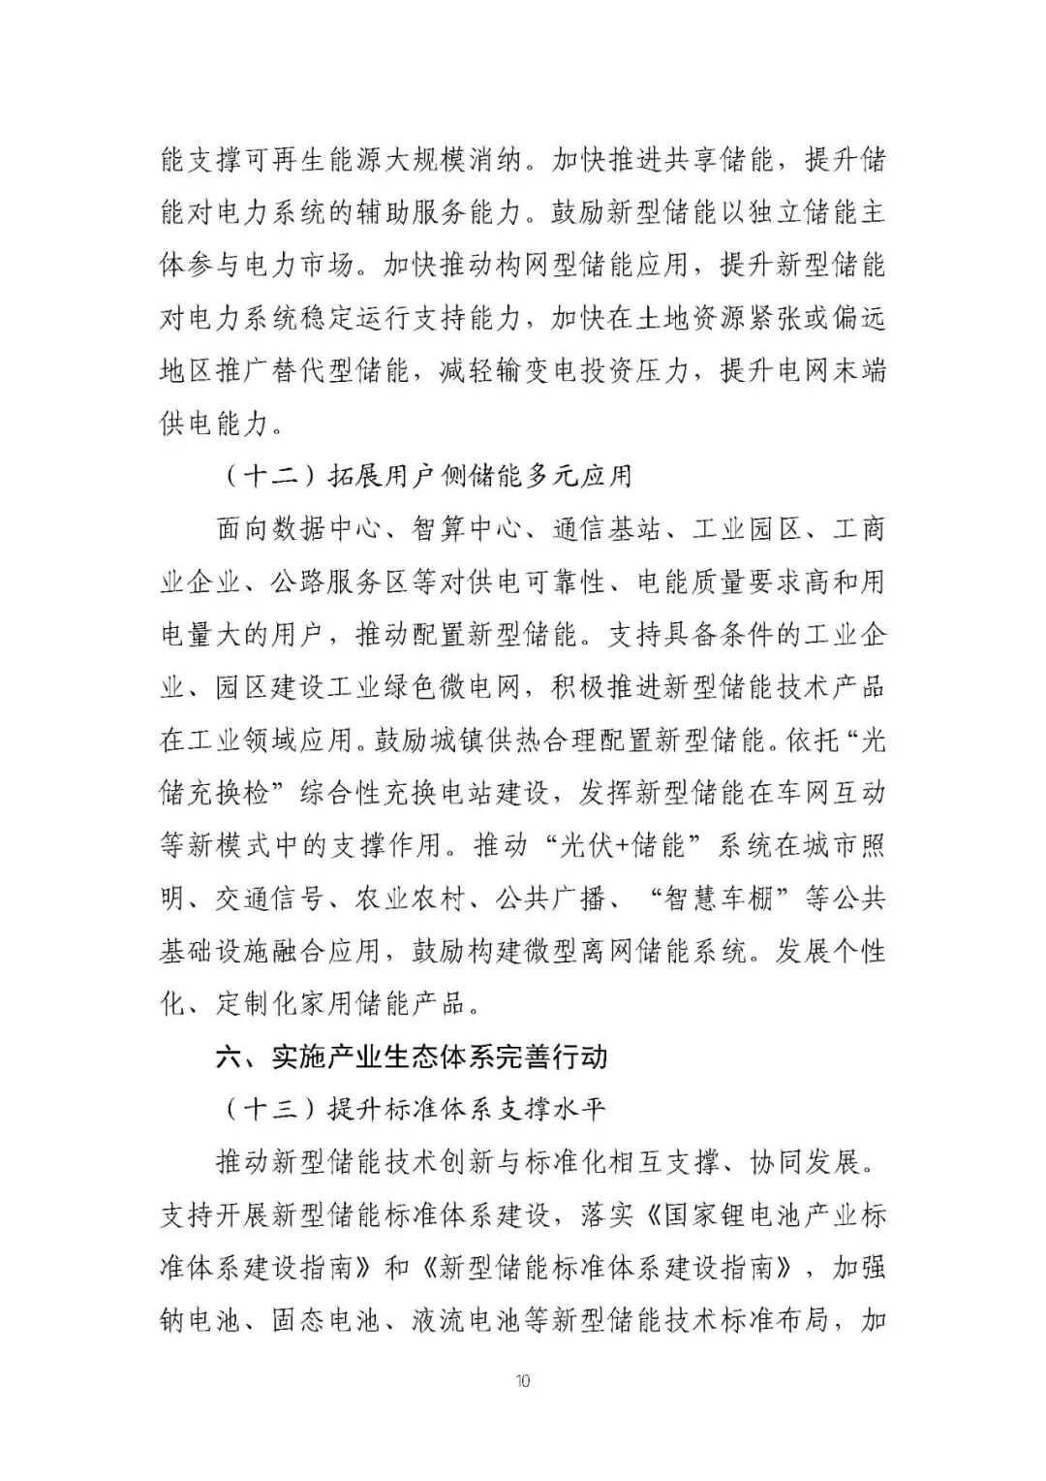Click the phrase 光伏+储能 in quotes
[629, 844]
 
